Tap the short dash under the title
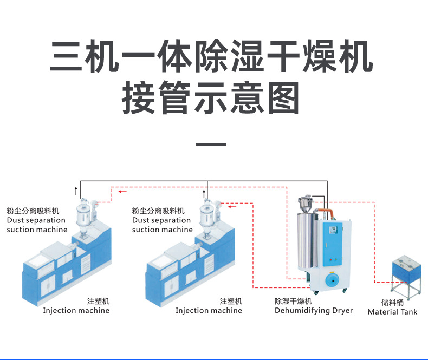pos(210,145)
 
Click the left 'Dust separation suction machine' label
pos(37,220)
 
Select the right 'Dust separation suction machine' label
pos(162,220)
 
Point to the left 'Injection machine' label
pos(76,311)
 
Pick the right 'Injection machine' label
pos(209,311)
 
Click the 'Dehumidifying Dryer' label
pos(313,311)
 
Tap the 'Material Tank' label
pos(393,312)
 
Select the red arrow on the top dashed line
pos(124,191)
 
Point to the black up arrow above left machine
pos(76,189)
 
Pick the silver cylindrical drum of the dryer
pos(308,241)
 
